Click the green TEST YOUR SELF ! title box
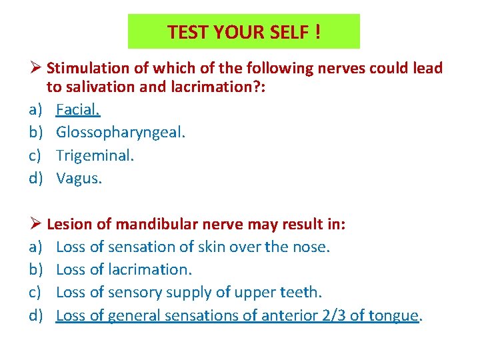pyautogui.click(x=243, y=31)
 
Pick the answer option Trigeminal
pyautogui.click(x=95, y=155)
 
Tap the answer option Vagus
pyautogui.click(x=79, y=178)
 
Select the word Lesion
pyautogui.click(x=69, y=225)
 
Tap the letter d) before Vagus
pyautogui.click(x=36, y=178)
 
